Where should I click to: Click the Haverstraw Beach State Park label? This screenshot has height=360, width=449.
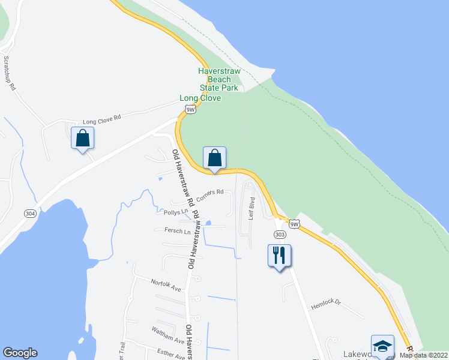click(x=219, y=79)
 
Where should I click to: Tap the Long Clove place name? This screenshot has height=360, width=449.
click(x=200, y=98)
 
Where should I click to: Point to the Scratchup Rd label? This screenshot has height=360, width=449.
click(x=9, y=73)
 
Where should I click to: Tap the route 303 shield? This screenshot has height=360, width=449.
click(x=279, y=234)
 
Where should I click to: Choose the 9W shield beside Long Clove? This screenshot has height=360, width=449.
click(x=191, y=109)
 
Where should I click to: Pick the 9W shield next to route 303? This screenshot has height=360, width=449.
click(x=294, y=224)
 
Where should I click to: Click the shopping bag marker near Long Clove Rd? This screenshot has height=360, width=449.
click(x=83, y=139)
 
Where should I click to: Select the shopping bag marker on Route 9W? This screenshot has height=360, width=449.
click(x=214, y=158)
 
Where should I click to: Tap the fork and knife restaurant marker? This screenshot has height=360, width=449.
click(x=279, y=256)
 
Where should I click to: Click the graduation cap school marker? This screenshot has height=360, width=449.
click(x=382, y=347)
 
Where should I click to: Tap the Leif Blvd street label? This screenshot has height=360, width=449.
click(x=253, y=211)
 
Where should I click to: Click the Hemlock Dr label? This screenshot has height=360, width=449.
click(x=325, y=305)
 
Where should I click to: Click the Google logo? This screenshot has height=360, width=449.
click(x=20, y=353)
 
